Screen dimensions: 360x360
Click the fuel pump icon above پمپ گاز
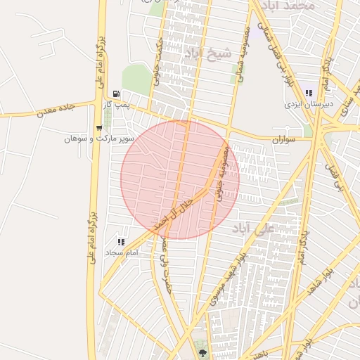[x=116, y=94]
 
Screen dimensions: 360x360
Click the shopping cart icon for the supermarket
[x=99, y=128]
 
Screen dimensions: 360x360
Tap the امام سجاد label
[x=120, y=252]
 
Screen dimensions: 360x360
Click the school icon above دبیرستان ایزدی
[x=307, y=93]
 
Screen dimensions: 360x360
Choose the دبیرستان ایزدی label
[x=307, y=103]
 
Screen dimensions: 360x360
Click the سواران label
[x=283, y=140]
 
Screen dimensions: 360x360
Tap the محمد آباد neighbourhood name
[x=289, y=6]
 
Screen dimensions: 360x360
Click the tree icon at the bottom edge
[x=202, y=354]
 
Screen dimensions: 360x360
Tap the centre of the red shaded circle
[x=180, y=179]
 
